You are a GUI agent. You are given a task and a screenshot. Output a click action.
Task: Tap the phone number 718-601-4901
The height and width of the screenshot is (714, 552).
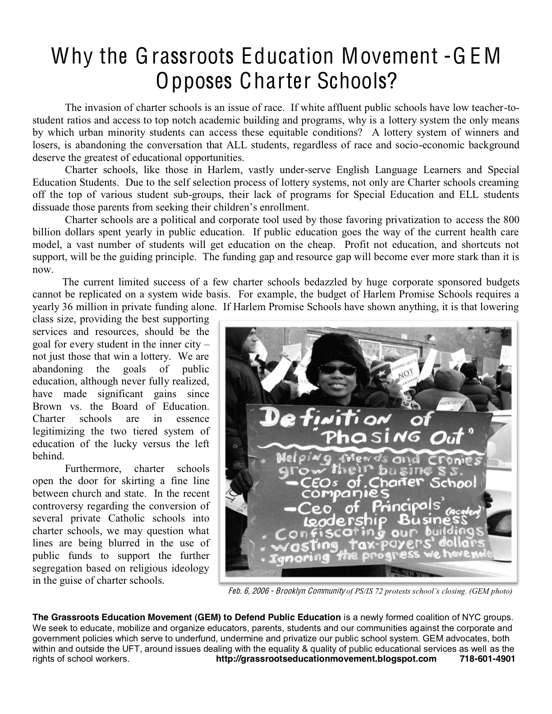487,659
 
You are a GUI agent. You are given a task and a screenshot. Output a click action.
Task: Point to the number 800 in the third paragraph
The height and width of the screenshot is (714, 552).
510,220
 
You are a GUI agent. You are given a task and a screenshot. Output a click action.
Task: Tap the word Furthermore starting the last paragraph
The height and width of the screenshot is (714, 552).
93,468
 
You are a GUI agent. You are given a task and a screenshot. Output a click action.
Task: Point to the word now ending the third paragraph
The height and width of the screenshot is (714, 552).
42,270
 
